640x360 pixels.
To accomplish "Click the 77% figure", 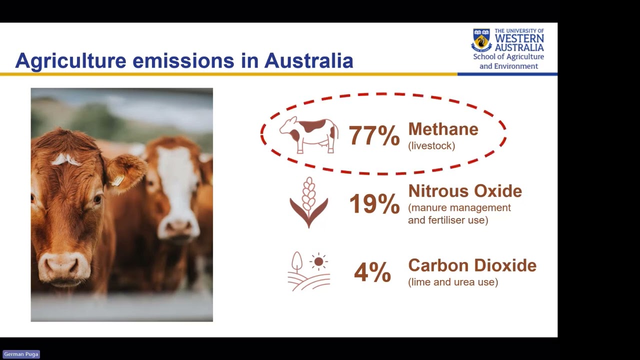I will (x=373, y=135).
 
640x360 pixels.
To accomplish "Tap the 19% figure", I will (x=374, y=204).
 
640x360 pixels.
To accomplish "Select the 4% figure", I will (x=372, y=273).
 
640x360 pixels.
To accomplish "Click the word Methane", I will (x=443, y=129).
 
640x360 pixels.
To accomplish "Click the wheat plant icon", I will (x=309, y=202).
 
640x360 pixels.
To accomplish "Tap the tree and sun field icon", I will (x=309, y=271).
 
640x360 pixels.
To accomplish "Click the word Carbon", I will (x=438, y=265).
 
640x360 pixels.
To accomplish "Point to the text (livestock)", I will (x=431, y=146).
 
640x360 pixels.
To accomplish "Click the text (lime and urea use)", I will (x=453, y=282).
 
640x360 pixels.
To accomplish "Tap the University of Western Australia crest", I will (x=481, y=40).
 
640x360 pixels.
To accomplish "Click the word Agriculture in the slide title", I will (x=71, y=61).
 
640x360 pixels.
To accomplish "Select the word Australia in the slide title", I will (x=308, y=61).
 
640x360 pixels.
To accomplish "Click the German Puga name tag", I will (x=21, y=354).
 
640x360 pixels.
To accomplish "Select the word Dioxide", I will (x=504, y=265).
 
